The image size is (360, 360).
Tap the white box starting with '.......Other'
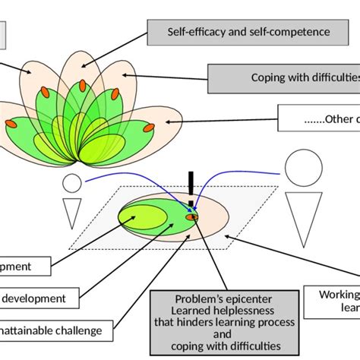click(319, 118)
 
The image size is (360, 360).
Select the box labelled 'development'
click(38, 298)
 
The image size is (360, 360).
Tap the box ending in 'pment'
click(25, 267)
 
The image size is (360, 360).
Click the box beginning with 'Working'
click(334, 302)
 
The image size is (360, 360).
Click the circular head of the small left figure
click(71, 183)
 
